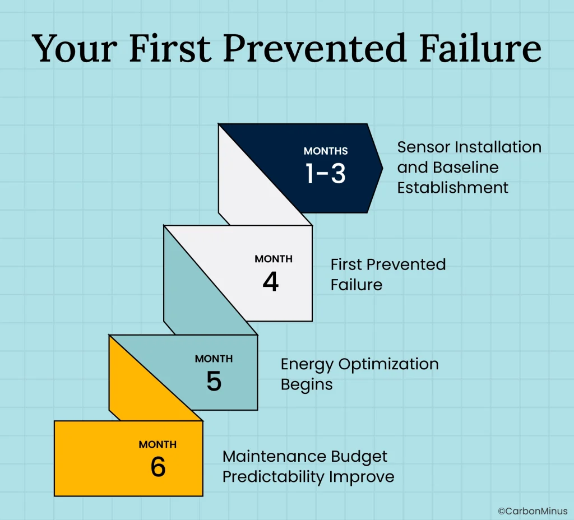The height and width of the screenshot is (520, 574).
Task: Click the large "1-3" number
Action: [x=326, y=174]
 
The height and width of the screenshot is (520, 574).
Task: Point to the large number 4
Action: [x=271, y=282]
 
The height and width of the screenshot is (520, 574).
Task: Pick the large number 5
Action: [x=214, y=382]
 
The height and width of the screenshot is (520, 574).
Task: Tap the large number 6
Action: [x=158, y=467]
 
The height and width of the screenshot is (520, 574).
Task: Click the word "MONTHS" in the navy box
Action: [x=326, y=151]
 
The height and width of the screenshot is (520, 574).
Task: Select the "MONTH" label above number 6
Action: [x=158, y=444]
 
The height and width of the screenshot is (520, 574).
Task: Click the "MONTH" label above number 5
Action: [x=214, y=359]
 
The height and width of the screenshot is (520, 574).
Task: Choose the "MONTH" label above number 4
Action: [x=274, y=259]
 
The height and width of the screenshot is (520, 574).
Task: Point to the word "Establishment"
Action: [x=453, y=187]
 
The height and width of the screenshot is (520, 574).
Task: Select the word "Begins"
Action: [x=307, y=385]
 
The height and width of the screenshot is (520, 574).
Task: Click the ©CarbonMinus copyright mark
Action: [x=533, y=511]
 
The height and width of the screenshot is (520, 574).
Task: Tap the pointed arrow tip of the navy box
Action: [x=381, y=168]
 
